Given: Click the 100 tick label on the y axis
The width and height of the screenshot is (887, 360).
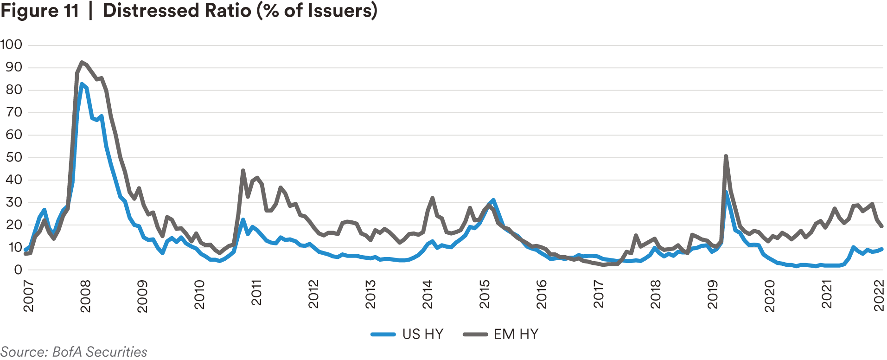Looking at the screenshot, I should [x=11, y=45].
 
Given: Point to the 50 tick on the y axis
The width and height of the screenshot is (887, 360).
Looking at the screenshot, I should [x=14, y=157].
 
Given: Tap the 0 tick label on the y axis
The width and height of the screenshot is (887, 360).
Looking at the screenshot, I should [x=18, y=270].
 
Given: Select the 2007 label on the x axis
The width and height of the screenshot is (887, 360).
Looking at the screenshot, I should [x=29, y=296].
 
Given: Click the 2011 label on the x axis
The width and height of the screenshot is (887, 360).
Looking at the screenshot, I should [x=256, y=293].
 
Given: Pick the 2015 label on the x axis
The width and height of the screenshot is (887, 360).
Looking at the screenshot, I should [x=485, y=294].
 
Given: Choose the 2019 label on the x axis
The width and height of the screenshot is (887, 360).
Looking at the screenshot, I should [x=712, y=294].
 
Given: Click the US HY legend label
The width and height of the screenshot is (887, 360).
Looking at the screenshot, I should [x=423, y=334].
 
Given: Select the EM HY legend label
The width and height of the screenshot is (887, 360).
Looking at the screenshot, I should [x=516, y=334].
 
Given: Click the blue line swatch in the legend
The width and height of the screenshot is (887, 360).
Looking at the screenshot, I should [x=383, y=334].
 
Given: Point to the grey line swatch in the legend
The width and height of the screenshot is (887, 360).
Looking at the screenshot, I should [x=475, y=334].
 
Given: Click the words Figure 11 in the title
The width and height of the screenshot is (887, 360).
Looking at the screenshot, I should [x=40, y=11].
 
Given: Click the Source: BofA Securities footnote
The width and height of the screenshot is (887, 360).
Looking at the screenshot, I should [x=74, y=352].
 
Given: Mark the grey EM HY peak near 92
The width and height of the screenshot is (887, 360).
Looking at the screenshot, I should [x=82, y=62].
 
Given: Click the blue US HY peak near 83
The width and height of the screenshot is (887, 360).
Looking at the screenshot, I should [x=82, y=84].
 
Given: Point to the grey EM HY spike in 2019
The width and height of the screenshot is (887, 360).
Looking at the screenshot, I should [x=726, y=156].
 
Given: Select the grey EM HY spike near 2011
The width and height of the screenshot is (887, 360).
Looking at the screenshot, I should [x=243, y=171].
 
